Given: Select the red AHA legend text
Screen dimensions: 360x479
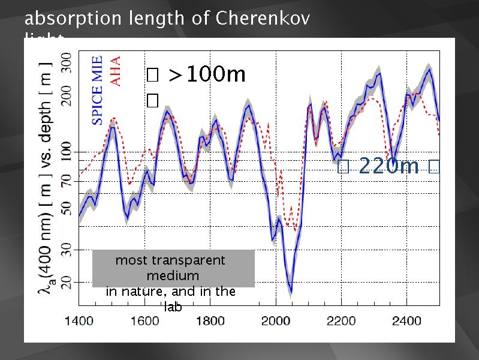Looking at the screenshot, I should click(x=116, y=71).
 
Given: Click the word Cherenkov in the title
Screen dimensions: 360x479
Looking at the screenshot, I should click(x=262, y=19).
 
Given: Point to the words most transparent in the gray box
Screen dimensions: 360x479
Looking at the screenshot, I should click(x=170, y=260).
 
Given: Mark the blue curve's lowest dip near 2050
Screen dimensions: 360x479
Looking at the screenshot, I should click(x=291, y=292).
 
